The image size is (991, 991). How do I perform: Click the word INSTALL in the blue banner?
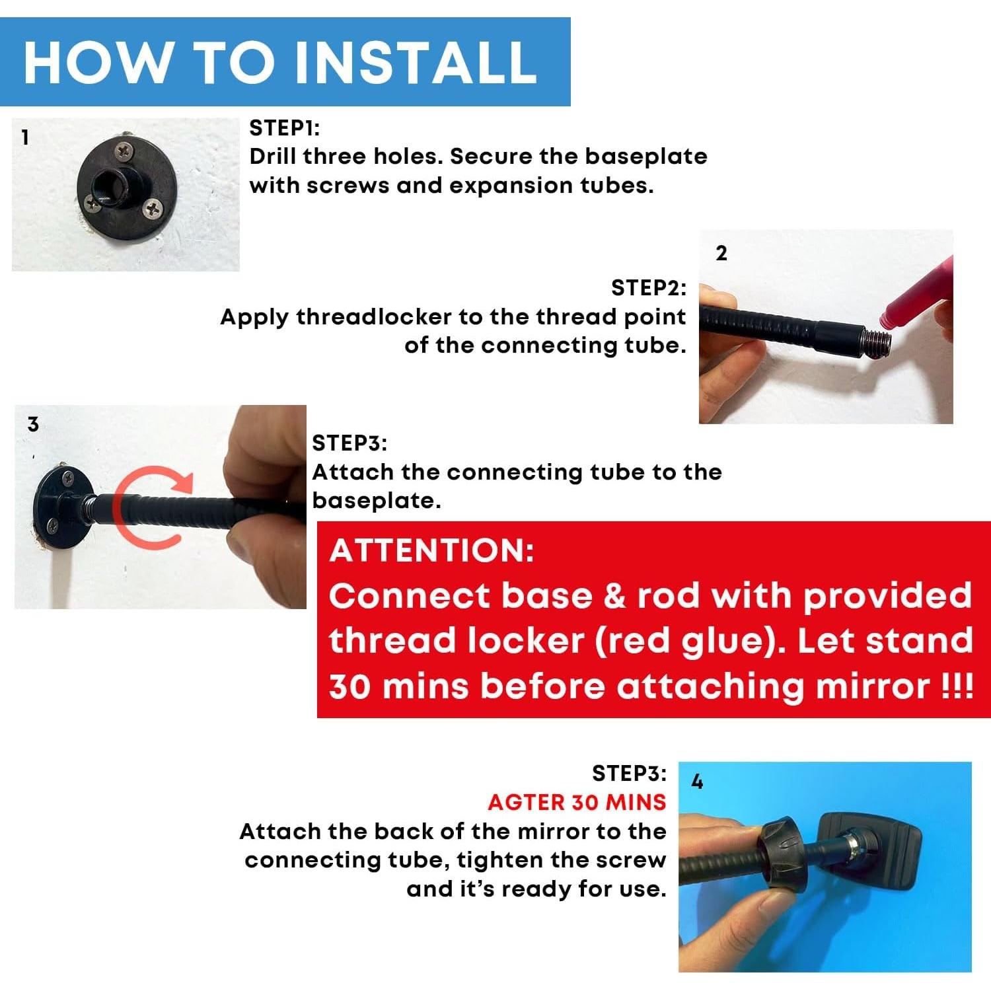pyautogui.click(x=416, y=62)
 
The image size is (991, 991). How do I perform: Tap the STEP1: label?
pyautogui.click(x=284, y=128)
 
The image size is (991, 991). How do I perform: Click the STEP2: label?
pyautogui.click(x=649, y=288)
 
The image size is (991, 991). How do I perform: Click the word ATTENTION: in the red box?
pyautogui.click(x=432, y=550)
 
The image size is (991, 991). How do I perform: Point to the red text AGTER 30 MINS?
pyautogui.click(x=577, y=802)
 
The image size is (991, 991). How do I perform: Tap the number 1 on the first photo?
pyautogui.click(x=25, y=137)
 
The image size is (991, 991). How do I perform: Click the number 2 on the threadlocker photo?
pyautogui.click(x=721, y=253)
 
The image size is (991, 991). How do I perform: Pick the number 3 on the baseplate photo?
pyautogui.click(x=33, y=424)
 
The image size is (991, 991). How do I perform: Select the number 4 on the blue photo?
pyautogui.click(x=697, y=782)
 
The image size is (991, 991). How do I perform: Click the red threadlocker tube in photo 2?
pyautogui.click(x=916, y=309)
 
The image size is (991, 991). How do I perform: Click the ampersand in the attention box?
pyautogui.click(x=614, y=597)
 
